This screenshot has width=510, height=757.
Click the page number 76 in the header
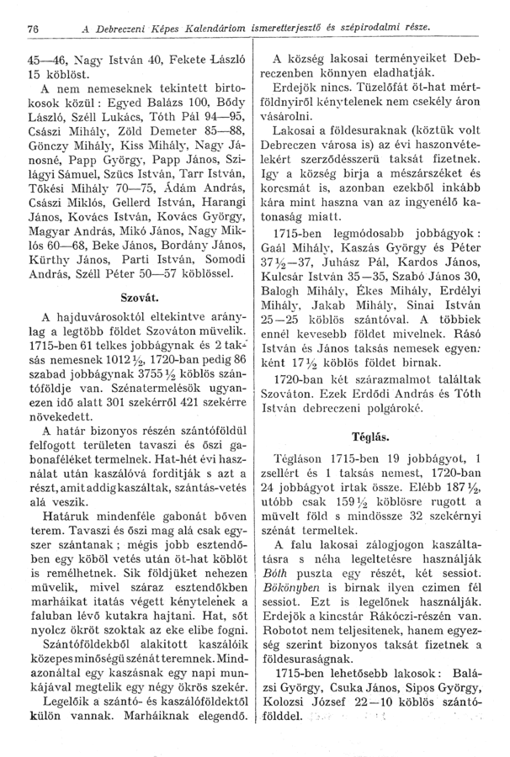35,29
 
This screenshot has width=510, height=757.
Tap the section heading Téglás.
376,437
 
